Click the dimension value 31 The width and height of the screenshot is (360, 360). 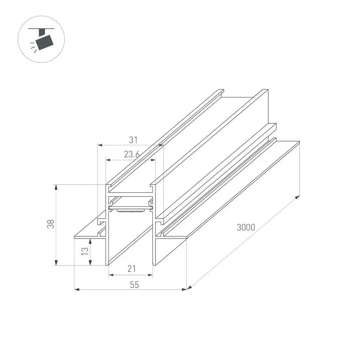(133, 140)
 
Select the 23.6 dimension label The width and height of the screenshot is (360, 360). (132, 154)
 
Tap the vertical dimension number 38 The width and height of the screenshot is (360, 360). (51, 224)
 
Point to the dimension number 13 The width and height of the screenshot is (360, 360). (85, 251)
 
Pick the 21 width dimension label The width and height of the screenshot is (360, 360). (132, 269)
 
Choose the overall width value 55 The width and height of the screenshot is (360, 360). (135, 285)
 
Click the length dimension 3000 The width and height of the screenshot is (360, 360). (246, 227)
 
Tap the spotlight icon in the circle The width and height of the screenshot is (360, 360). (42, 39)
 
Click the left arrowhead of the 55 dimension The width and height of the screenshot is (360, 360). (77, 290)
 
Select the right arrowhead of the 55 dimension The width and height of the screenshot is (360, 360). (184, 290)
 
